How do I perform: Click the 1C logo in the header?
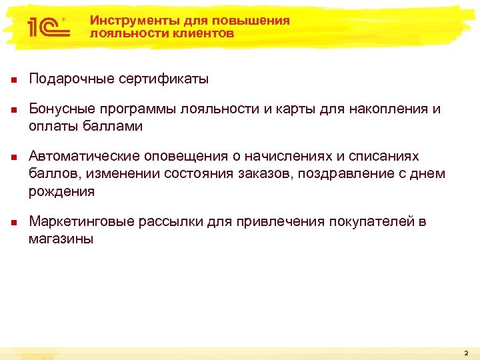[x=45, y=27]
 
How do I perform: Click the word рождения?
[x=61, y=191]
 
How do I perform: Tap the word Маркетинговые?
[x=82, y=221]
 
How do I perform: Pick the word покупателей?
[x=369, y=221]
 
